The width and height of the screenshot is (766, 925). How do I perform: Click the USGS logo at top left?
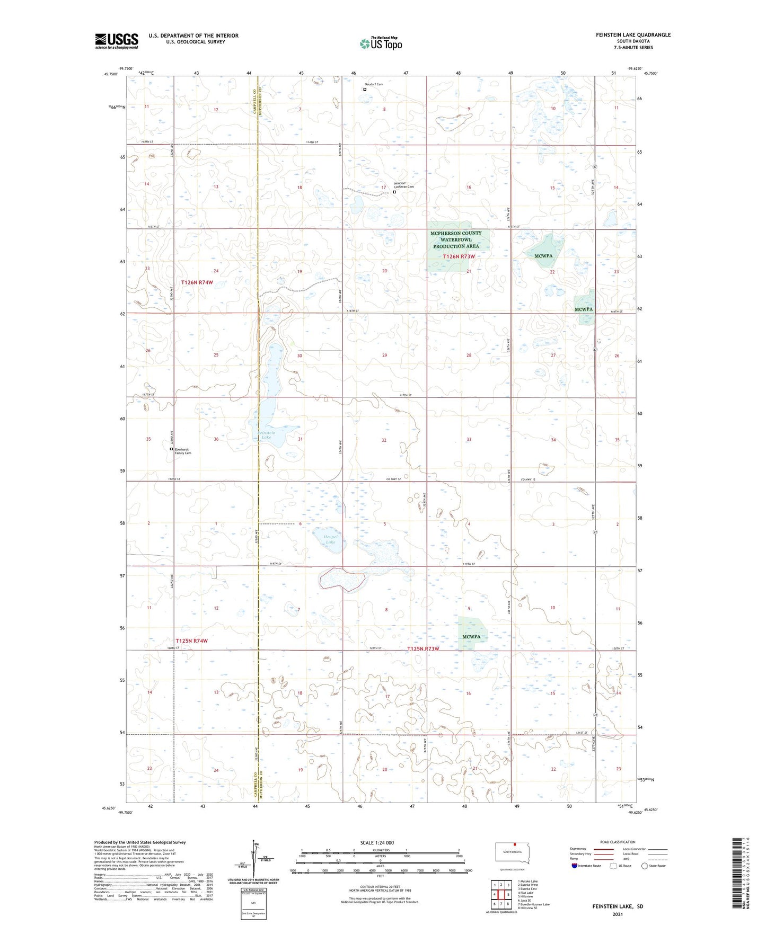point(116,41)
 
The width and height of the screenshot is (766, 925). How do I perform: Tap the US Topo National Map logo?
point(381,43)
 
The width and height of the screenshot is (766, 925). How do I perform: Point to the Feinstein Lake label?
point(267,435)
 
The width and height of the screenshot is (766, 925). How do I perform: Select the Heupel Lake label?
point(330,539)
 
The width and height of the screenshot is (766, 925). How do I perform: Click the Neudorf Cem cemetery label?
point(373,84)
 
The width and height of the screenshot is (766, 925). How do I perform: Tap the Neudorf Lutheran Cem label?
point(403,185)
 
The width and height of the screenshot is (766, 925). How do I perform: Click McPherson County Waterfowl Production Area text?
point(456,239)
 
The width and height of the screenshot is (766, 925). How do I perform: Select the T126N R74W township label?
point(197,282)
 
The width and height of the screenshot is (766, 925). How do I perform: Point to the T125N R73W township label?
point(423,648)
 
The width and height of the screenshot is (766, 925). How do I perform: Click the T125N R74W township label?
point(191,641)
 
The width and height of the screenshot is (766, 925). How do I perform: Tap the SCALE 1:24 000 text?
point(377,842)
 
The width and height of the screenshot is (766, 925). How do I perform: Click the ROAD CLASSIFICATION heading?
point(618,842)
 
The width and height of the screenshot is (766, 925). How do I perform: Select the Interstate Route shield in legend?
point(575,866)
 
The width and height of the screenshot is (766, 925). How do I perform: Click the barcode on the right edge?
point(738,873)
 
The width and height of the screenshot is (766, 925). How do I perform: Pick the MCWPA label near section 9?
point(471,636)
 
